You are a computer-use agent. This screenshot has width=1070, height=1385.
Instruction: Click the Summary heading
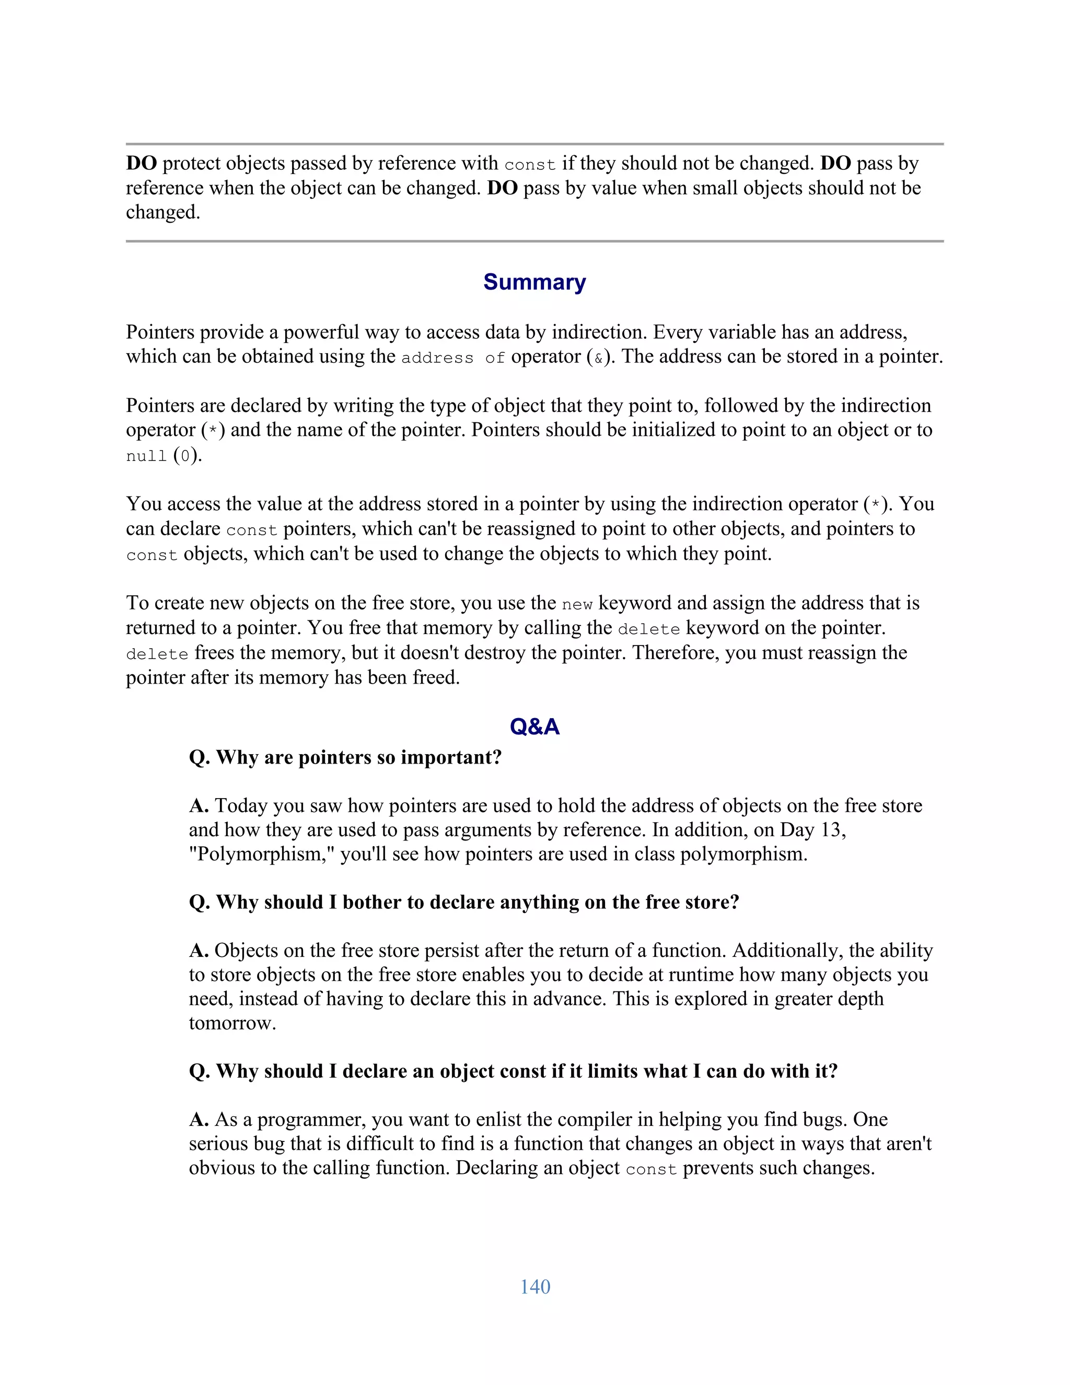point(534,282)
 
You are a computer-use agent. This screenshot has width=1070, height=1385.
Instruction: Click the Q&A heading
point(534,727)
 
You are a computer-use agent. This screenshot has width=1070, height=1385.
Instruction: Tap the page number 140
point(535,1287)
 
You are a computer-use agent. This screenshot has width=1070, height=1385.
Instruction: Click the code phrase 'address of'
point(453,357)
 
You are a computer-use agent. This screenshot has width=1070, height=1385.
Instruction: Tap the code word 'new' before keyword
point(577,604)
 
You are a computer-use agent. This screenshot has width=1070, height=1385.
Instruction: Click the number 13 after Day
point(833,830)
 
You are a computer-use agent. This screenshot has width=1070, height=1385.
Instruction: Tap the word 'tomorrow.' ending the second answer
point(232,1023)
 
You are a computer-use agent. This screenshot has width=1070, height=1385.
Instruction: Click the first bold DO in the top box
point(142,163)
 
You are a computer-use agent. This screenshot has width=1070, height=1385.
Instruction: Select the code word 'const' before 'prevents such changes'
point(651,1169)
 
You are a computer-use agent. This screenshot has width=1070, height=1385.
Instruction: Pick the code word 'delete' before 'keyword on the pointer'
point(648,629)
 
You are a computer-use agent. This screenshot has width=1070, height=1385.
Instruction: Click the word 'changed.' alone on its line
point(163,212)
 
